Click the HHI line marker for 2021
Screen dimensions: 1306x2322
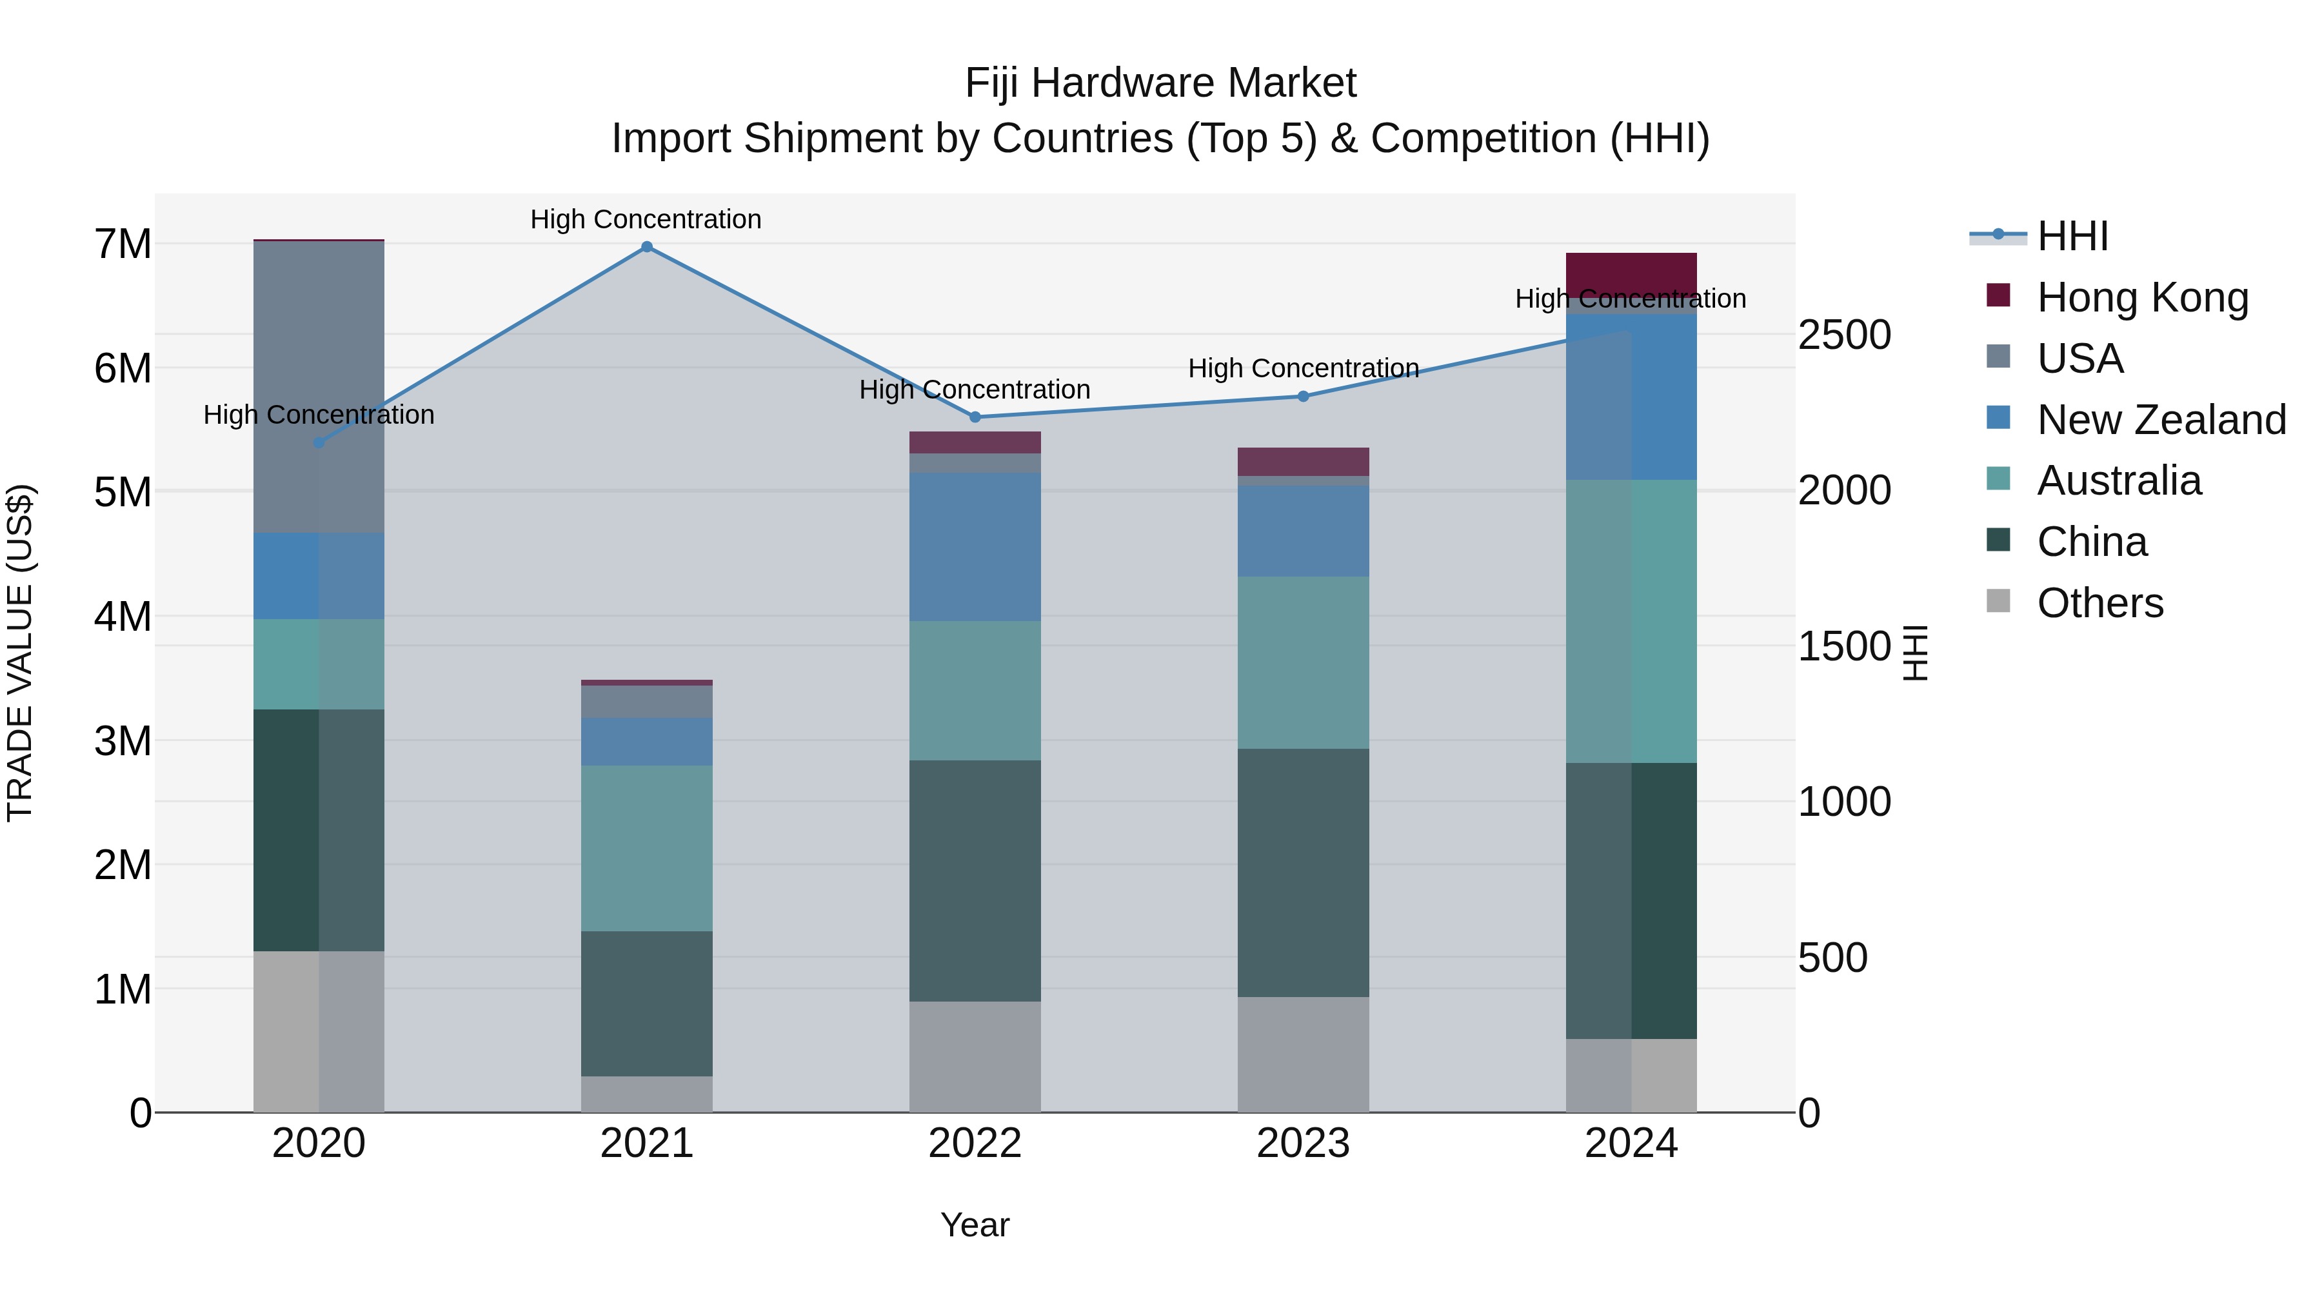click(x=646, y=247)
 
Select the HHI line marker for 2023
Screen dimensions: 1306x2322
click(x=1302, y=397)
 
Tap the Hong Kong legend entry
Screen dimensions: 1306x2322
click(x=2141, y=297)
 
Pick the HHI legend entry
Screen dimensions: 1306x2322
click(x=2071, y=236)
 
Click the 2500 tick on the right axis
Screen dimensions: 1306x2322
click(x=1844, y=335)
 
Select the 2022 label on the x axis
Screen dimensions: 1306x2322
click(x=975, y=1143)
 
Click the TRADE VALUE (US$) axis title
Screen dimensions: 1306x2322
click(x=20, y=653)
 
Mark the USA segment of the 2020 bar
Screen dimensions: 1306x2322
click(x=318, y=388)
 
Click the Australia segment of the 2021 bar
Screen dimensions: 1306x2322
click(x=646, y=848)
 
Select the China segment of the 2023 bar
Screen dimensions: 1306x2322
click(x=1302, y=873)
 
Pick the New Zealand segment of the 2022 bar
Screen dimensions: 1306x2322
click(x=975, y=547)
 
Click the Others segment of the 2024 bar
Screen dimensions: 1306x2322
click(x=1631, y=1075)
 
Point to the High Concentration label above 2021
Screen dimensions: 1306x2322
click(x=646, y=219)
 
